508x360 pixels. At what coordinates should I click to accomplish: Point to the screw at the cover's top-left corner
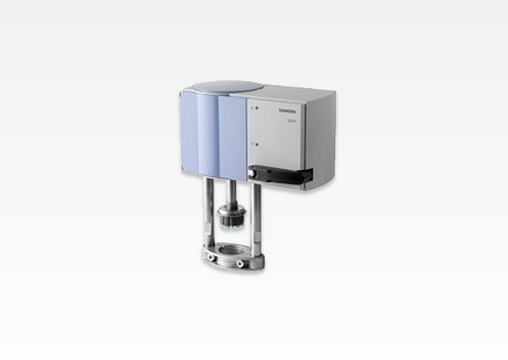pyautogui.click(x=182, y=94)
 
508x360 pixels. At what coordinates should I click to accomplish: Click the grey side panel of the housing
pyautogui.click(x=302, y=138)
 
